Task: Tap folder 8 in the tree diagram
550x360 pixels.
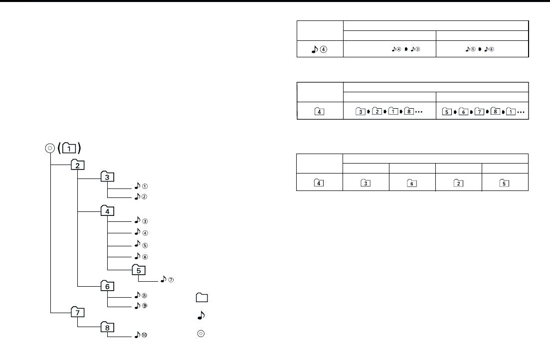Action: point(108,328)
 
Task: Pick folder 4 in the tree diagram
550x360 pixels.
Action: point(108,211)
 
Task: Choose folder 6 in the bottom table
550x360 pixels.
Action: point(412,182)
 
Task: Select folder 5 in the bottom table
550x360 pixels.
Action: point(505,182)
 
